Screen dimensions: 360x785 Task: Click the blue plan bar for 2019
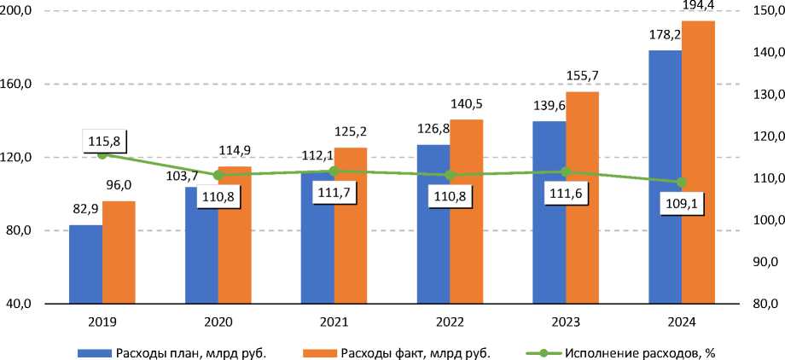85,264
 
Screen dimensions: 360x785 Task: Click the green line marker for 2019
102,154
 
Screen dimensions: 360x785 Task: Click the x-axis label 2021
334,323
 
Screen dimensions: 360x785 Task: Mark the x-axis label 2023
566,323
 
